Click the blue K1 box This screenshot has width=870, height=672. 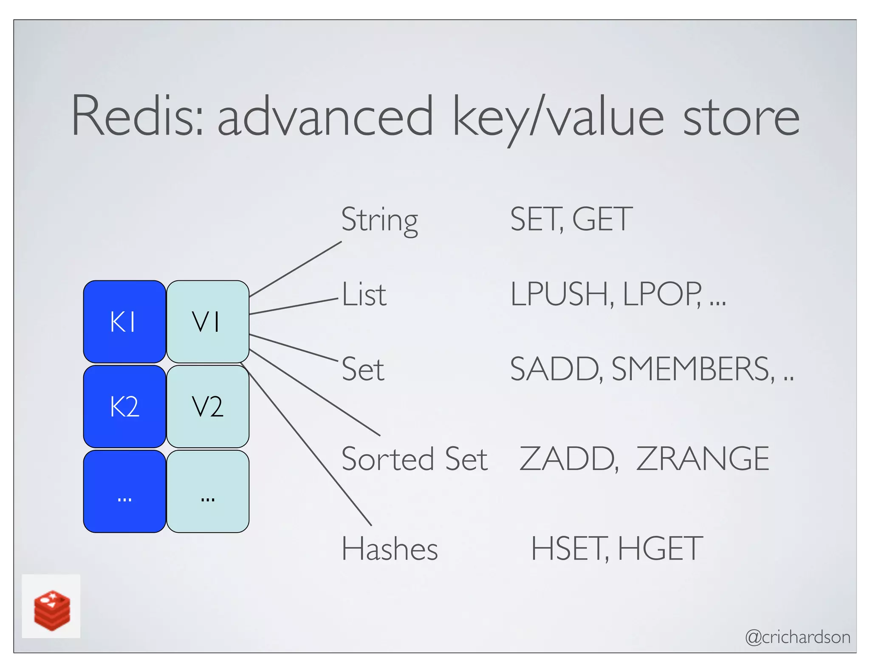pos(124,322)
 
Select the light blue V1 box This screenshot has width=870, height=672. pos(207,322)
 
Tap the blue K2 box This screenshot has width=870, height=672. pos(124,407)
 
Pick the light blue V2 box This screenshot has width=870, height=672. pos(207,407)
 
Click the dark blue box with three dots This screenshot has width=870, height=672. pos(124,491)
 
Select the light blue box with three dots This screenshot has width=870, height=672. pos(207,491)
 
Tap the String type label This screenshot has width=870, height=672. pos(379,220)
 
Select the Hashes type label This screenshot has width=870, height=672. pos(389,549)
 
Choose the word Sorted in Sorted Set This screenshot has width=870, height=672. pos(387,459)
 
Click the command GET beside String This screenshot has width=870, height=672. pos(602,220)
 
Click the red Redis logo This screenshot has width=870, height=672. pos(51,609)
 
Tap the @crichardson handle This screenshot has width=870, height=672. pos(797,637)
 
